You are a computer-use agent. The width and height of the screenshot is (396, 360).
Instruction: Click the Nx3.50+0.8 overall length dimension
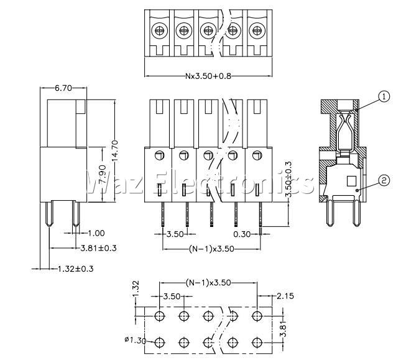click(208, 76)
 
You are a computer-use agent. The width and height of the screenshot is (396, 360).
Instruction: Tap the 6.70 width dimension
click(63, 88)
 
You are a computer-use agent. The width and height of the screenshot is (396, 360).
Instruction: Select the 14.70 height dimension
click(114, 150)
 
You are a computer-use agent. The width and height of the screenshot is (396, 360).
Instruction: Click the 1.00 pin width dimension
click(96, 233)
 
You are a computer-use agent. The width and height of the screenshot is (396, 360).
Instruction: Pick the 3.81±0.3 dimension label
click(98, 248)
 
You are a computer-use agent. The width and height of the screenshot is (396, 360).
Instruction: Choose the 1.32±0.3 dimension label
click(75, 269)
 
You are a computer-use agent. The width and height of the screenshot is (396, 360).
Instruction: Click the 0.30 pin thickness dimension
click(242, 234)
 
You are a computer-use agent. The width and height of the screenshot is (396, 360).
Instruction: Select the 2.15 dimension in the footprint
click(285, 296)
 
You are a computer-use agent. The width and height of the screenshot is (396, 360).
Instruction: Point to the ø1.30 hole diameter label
click(136, 340)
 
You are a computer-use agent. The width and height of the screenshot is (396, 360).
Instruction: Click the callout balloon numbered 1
click(384, 97)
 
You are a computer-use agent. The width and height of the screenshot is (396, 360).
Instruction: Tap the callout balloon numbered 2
click(384, 180)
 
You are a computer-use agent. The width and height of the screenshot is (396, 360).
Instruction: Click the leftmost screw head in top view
click(159, 30)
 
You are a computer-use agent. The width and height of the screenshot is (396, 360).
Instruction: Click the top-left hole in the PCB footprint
click(160, 316)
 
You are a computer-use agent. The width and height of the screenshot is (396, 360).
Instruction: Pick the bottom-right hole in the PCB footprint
click(257, 343)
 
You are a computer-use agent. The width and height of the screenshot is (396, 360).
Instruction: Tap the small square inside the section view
click(351, 181)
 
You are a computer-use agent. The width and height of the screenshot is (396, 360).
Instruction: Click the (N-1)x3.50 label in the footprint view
click(208, 282)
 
